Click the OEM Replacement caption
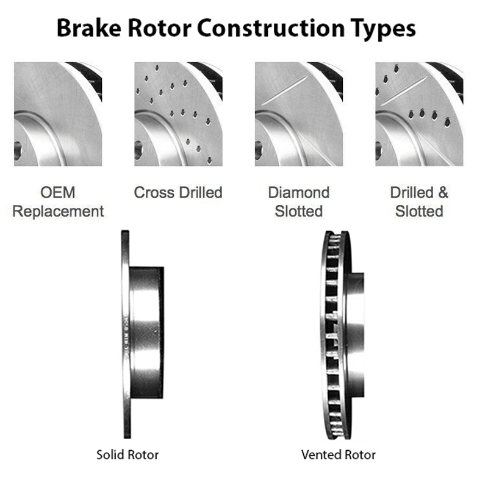(x=59, y=203)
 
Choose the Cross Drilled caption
(x=178, y=193)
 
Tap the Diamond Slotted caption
(x=299, y=203)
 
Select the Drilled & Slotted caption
(x=419, y=203)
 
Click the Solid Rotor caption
(x=127, y=454)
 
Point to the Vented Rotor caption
(x=338, y=454)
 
